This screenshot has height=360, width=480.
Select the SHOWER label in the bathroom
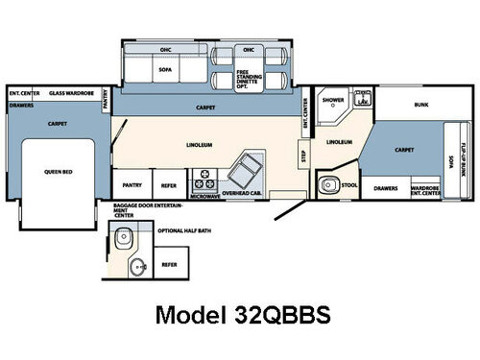coord(333,99)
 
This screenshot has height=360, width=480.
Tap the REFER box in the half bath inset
coord(169,263)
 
